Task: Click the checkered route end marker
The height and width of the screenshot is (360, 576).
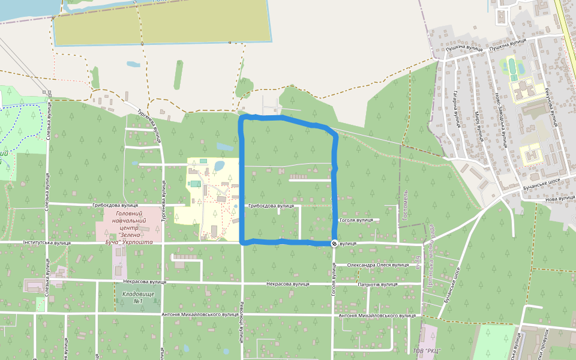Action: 334,243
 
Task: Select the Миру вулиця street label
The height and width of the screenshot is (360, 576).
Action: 479,125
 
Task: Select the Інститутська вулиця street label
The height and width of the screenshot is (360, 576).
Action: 47,243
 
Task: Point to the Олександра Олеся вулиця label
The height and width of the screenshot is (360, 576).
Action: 375,265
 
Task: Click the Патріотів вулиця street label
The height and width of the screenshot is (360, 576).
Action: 377,284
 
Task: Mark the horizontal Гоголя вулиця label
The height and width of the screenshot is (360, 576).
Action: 356,220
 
